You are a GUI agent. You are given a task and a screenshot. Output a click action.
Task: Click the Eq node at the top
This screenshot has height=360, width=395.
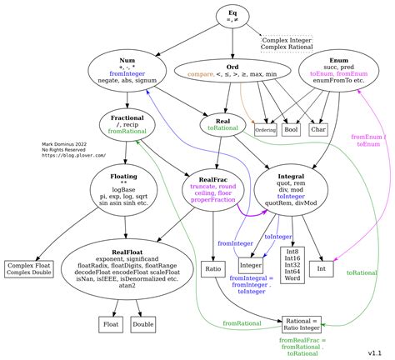click(x=232, y=17)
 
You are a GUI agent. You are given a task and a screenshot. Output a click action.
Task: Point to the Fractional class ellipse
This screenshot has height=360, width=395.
click(x=127, y=125)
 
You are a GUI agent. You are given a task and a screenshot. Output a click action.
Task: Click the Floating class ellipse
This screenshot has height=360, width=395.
click(x=123, y=189)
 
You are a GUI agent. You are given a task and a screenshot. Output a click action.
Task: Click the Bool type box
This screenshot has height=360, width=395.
click(x=291, y=130)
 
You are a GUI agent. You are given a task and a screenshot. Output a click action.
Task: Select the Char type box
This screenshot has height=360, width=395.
click(x=318, y=130)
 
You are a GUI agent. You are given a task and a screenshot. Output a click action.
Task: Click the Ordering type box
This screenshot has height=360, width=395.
click(x=265, y=131)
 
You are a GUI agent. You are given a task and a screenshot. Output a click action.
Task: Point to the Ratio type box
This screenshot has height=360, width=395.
click(x=213, y=268)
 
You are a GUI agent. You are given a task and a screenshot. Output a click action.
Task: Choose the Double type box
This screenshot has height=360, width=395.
click(x=143, y=323)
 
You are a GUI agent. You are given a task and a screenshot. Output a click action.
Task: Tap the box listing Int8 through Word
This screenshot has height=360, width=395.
click(x=292, y=262)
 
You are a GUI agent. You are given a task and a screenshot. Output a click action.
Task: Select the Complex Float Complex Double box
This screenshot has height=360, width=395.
click(x=30, y=268)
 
